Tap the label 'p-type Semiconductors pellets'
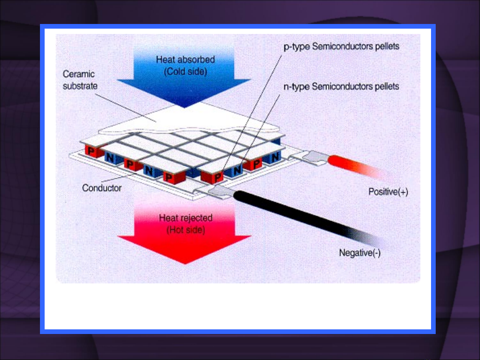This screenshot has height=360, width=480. pyautogui.click(x=341, y=47)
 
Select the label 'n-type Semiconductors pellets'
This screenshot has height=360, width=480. pyautogui.click(x=341, y=87)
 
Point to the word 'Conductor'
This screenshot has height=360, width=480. pyautogui.click(x=102, y=188)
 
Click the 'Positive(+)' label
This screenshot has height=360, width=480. pyautogui.click(x=388, y=192)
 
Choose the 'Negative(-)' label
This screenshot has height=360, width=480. pyautogui.click(x=360, y=253)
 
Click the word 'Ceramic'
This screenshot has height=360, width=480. pyautogui.click(x=79, y=74)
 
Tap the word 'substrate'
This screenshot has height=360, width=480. pyautogui.click(x=80, y=86)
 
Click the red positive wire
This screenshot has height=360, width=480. pyautogui.click(x=359, y=167)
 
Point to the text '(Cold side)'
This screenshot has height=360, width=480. pyautogui.click(x=186, y=72)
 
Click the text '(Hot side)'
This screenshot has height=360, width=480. pyautogui.click(x=186, y=230)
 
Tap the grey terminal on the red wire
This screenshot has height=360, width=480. pyautogui.click(x=315, y=158)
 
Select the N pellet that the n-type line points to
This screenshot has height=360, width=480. pyautogui.click(x=236, y=171)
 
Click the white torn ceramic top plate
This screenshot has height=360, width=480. pyautogui.click(x=188, y=119)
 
